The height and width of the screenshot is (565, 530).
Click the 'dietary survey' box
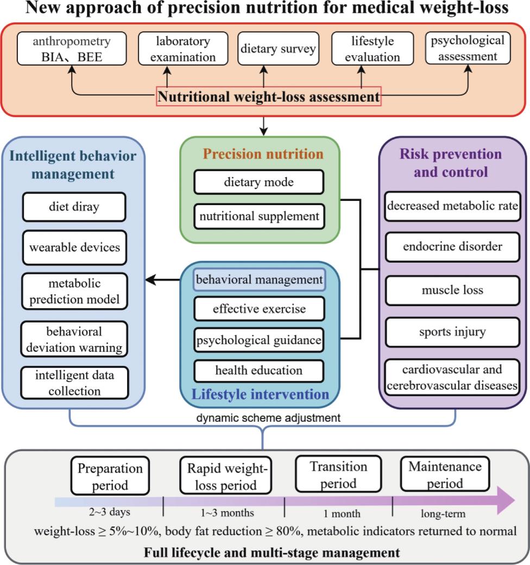279,49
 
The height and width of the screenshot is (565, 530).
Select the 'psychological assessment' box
468,48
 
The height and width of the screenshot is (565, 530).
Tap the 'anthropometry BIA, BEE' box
72,49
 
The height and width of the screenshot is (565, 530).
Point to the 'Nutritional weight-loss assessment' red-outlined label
269,96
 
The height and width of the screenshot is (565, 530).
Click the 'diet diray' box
74,207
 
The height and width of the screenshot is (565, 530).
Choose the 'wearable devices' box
74,247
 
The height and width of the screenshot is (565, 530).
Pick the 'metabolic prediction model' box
74,291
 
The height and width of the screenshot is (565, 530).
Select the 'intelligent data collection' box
74,383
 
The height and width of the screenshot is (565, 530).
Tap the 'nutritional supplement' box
259,216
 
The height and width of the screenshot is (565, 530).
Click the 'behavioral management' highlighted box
259,280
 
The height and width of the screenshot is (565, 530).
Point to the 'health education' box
259,370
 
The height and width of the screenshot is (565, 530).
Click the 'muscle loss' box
452,290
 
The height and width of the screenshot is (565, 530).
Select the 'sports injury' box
452,332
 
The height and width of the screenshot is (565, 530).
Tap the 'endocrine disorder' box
452,247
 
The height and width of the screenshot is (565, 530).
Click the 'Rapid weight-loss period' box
226,475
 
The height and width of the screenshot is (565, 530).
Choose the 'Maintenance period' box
445,474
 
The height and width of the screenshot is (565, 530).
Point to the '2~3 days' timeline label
110,512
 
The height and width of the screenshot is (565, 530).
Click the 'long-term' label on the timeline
443,513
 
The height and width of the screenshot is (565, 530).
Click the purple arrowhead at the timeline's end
506,500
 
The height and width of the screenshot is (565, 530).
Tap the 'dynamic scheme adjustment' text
268,418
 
